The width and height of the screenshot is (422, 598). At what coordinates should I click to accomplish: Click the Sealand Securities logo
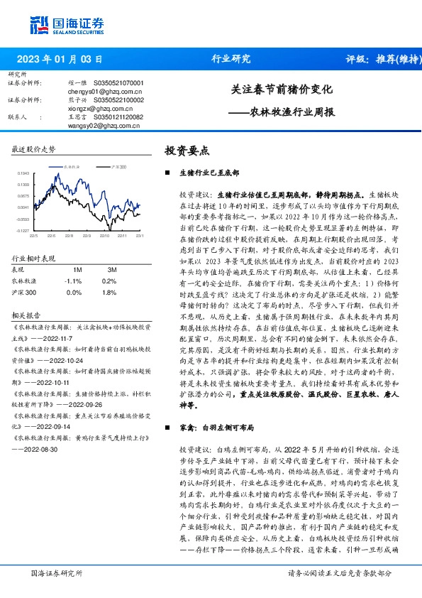62,26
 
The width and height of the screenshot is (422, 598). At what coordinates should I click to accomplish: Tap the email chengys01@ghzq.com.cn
103,92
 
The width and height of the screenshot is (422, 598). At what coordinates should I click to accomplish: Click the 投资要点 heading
187,151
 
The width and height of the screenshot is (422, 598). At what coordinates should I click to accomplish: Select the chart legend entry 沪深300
118,165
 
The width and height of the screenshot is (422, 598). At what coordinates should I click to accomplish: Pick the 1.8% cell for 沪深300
109,292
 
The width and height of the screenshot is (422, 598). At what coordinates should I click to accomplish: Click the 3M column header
111,270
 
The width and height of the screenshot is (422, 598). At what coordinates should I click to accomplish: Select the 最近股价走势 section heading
34,149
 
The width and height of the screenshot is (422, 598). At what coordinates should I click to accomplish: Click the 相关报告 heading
27,314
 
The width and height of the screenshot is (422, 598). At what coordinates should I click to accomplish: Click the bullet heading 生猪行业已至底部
209,173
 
